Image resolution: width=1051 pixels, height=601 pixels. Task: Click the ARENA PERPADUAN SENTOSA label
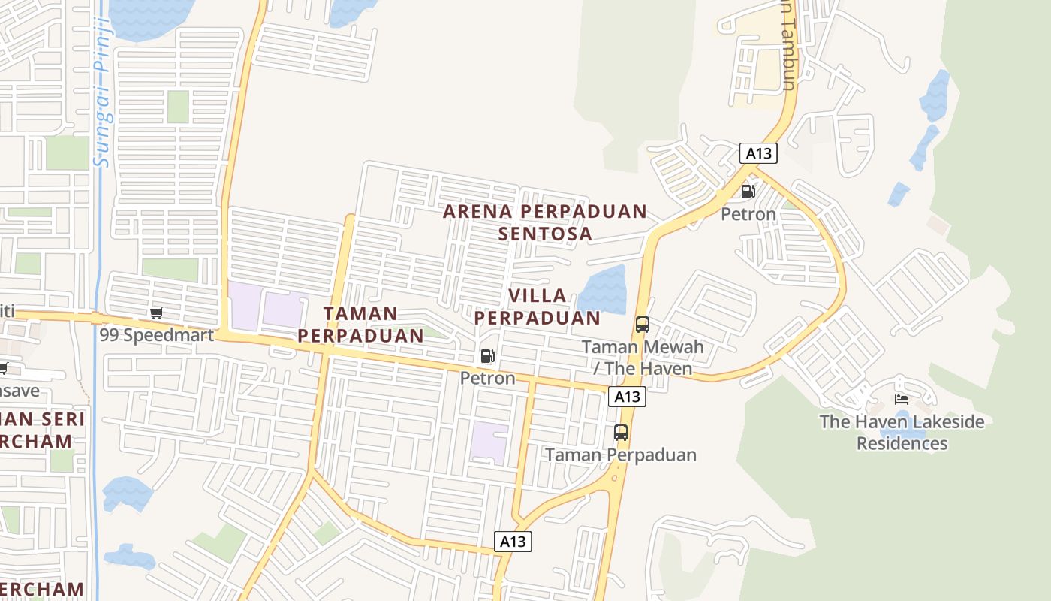545,222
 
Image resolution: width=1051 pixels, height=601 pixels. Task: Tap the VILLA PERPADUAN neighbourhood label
538,307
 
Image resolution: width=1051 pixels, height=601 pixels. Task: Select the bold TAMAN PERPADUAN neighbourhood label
361,325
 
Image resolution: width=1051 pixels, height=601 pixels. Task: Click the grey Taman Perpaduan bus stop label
621,455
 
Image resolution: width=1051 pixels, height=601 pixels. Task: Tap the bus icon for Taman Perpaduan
621,433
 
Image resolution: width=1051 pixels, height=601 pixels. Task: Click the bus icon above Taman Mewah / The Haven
643,325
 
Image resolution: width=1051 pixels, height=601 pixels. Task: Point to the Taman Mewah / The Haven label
643,358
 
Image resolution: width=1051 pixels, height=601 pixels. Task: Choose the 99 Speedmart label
157,334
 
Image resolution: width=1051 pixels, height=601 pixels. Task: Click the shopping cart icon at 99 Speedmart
157,313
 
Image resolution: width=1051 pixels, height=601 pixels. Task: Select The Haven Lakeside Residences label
902,432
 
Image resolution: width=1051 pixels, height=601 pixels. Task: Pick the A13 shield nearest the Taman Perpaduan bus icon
627,397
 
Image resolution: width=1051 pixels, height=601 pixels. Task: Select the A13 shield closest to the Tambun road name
758,153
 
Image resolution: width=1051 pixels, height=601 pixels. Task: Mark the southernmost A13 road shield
513,541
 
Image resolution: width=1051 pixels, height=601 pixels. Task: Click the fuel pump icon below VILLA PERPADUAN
488,356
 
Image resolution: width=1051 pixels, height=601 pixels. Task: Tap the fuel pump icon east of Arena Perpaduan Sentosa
748,192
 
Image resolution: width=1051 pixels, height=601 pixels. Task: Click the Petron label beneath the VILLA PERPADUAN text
488,378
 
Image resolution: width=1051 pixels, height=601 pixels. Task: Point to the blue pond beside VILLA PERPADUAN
602,290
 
